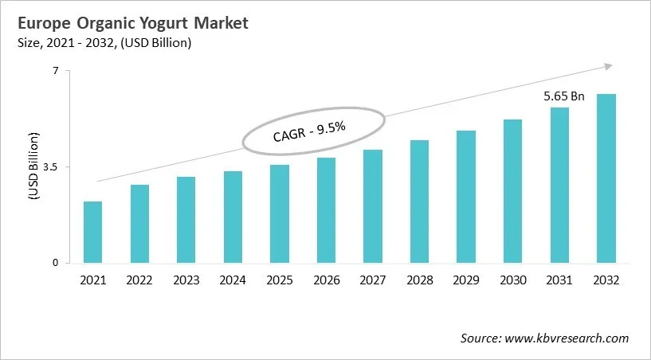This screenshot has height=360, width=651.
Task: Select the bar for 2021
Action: [93, 232]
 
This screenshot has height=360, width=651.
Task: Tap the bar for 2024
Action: [233, 217]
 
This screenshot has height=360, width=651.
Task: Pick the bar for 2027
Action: [373, 206]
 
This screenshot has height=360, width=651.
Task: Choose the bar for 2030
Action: [512, 191]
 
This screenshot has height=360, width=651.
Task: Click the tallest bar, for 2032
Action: [606, 178]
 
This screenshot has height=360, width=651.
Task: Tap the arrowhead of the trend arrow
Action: [609, 66]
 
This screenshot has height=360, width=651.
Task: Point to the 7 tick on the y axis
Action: [56, 71]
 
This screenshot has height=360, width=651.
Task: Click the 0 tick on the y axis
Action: [56, 263]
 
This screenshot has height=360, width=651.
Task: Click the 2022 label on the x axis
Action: [140, 280]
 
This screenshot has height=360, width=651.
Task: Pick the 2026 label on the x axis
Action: [327, 280]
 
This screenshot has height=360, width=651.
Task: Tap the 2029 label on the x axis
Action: [466, 280]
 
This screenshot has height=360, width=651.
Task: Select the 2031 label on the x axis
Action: [559, 280]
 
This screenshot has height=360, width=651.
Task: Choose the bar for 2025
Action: [280, 213]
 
